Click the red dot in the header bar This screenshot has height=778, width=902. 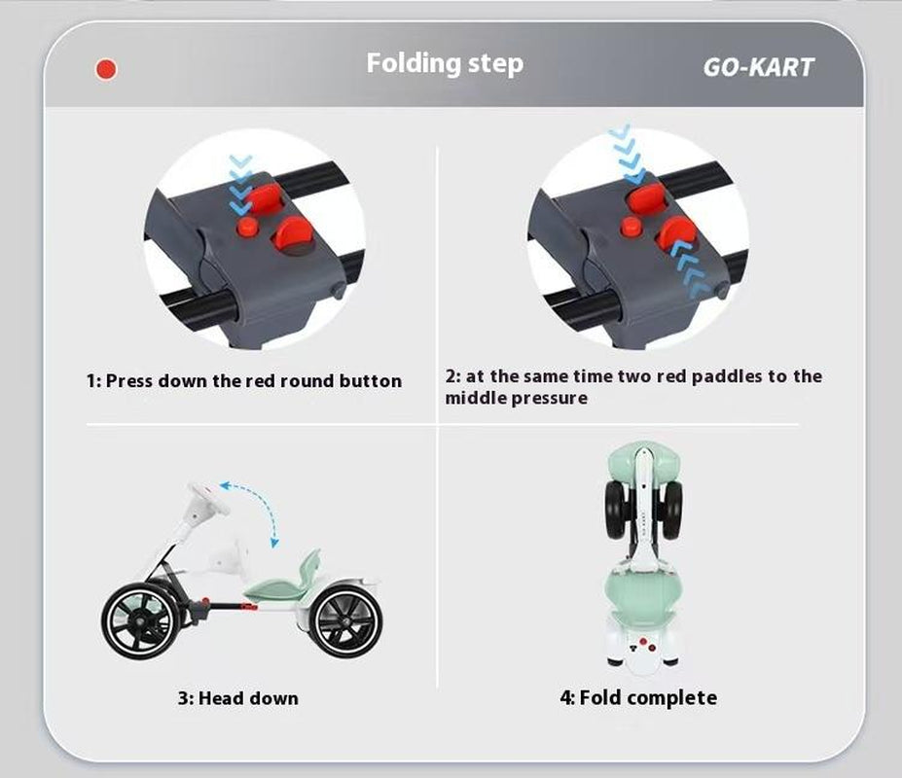[x=106, y=70]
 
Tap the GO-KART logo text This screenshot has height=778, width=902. [x=758, y=67]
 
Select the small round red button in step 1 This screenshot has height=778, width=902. [x=248, y=226]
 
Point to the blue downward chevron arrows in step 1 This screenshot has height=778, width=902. [x=240, y=185]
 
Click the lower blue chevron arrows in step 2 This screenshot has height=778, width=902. [x=689, y=269]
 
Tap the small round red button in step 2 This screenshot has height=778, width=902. [x=631, y=226]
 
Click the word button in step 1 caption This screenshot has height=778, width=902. [x=370, y=380]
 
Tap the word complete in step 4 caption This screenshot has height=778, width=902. [x=676, y=697]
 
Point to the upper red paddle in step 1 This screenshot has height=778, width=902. [x=266, y=197]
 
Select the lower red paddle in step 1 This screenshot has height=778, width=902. [x=294, y=233]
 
